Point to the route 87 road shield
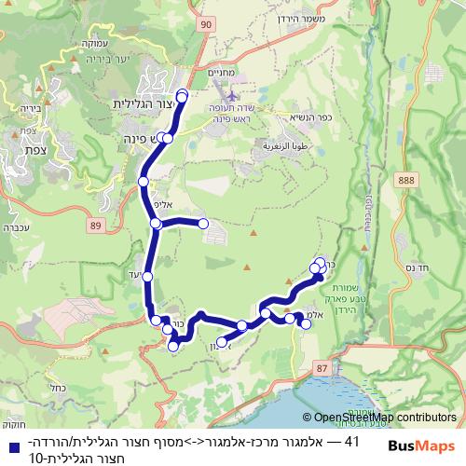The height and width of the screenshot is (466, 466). (322, 370)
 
